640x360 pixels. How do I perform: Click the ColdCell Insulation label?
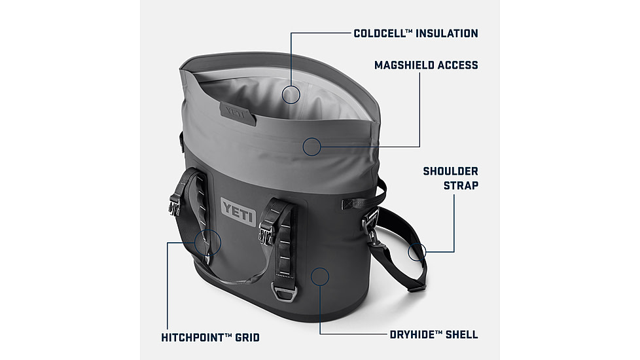point(416,33)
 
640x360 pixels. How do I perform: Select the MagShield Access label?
point(426,65)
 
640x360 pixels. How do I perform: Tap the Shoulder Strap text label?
point(450,178)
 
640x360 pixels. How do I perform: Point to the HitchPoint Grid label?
point(210,338)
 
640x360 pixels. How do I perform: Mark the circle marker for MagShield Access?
point(312,147)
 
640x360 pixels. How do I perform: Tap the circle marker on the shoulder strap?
point(417,251)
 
